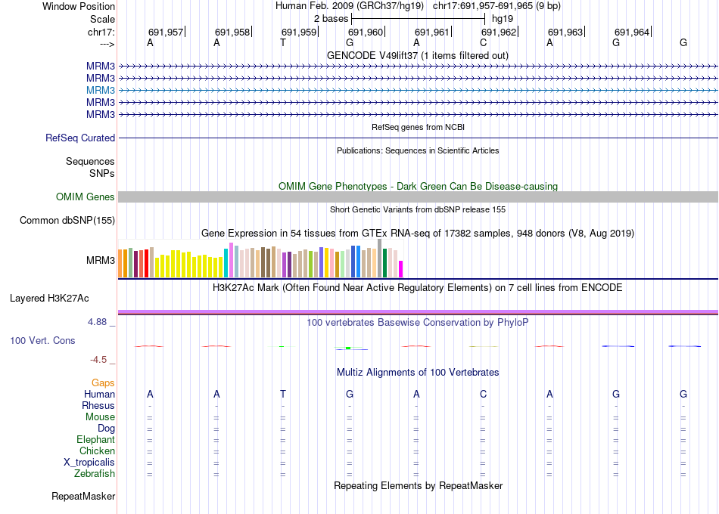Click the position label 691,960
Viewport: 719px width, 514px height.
[x=365, y=32]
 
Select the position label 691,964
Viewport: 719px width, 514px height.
[x=631, y=32]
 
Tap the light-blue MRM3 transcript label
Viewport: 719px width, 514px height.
[x=101, y=90]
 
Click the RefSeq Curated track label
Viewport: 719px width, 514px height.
[x=80, y=138]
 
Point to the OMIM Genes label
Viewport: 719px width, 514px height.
[x=86, y=197]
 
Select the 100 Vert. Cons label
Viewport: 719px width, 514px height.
[x=42, y=341]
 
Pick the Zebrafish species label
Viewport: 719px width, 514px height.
[x=95, y=474]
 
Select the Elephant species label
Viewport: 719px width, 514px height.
[x=95, y=440]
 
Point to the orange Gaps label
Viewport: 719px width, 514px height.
[x=103, y=383]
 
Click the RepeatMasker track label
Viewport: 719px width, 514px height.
[x=83, y=497]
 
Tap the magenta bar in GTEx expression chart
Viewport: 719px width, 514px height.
[x=401, y=269]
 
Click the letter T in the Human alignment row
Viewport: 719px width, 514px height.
[x=283, y=395]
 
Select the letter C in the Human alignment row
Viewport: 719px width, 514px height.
[x=483, y=395]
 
